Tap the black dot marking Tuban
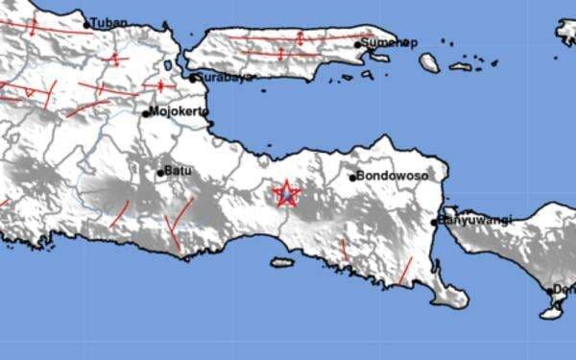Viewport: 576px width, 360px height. (x=86, y=25)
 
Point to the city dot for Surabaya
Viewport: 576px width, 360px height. (x=192, y=78)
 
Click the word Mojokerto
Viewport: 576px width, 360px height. (x=179, y=112)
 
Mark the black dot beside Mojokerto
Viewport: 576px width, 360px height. (x=146, y=113)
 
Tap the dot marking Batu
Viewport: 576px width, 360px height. (x=160, y=173)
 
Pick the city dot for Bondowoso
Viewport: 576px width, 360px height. (x=352, y=178)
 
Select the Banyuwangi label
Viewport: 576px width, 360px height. (x=476, y=221)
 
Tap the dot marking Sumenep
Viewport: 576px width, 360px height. (x=357, y=44)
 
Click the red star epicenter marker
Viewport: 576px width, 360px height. (x=286, y=195)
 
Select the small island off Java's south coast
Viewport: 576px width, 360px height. (x=281, y=262)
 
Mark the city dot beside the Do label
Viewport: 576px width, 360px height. (x=551, y=291)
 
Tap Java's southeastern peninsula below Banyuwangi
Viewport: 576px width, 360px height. (x=445, y=289)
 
